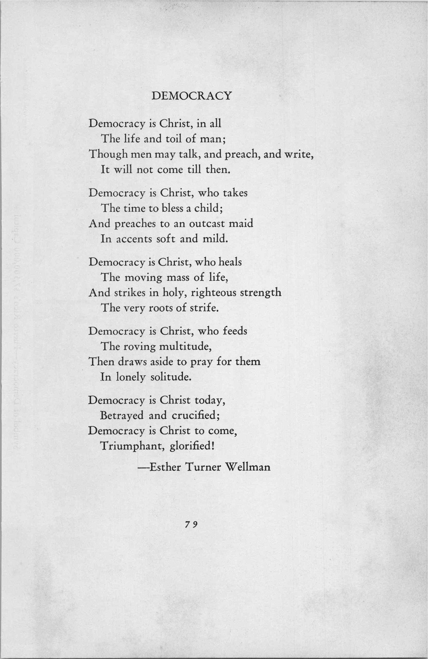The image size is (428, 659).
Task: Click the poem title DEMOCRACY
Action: pyautogui.click(x=192, y=96)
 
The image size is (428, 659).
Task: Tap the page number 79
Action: pyautogui.click(x=191, y=524)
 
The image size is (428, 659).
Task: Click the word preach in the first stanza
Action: pyautogui.click(x=242, y=154)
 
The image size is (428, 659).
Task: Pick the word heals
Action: pyautogui.click(x=230, y=262)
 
